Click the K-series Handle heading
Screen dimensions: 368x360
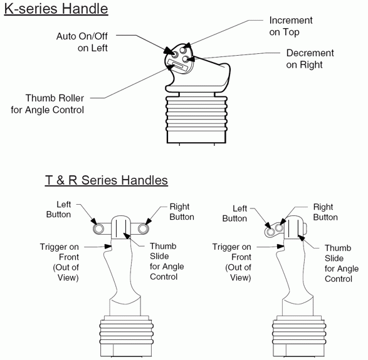[x=56, y=9]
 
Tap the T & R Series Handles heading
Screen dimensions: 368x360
[x=107, y=180]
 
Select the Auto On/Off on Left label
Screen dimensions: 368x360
[x=82, y=42]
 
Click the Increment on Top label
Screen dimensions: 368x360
[x=291, y=26]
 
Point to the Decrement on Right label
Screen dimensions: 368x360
[x=310, y=59]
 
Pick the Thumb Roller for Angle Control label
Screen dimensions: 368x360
[x=48, y=104]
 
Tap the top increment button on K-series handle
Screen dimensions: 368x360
[x=183, y=49]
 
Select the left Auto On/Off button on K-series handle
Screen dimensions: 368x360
[x=175, y=54]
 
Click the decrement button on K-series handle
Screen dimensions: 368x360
[x=186, y=59]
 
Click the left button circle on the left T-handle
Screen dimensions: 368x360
[x=98, y=229]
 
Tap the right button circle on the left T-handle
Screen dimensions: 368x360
[x=143, y=229]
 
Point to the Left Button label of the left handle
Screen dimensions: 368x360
[x=59, y=209]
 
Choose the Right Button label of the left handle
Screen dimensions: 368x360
[x=182, y=212]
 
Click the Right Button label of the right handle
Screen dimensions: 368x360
[x=325, y=212]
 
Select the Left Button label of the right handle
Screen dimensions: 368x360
[x=234, y=213]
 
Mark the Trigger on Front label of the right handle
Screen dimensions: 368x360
[x=231, y=262]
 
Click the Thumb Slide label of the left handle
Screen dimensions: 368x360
[x=167, y=261]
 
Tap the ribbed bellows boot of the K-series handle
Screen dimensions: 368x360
[x=196, y=114]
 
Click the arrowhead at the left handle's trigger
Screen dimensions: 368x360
[x=108, y=246]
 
